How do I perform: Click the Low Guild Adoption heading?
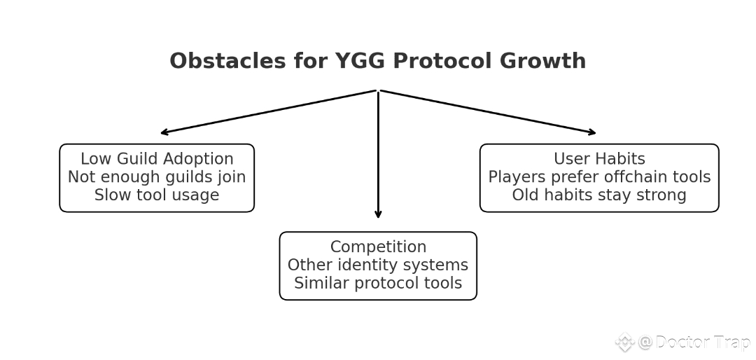[x=157, y=159]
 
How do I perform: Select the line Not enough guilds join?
[x=157, y=177]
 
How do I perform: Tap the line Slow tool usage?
[x=157, y=195]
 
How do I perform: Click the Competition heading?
[x=378, y=247]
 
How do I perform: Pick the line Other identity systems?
[x=378, y=265]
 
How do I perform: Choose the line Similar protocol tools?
[x=378, y=284]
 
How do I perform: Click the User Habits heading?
[x=599, y=159]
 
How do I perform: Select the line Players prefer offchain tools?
[x=599, y=177]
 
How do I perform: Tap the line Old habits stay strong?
[x=599, y=195]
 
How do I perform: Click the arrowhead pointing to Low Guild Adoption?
[x=164, y=132]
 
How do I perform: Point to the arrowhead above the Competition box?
[x=378, y=215]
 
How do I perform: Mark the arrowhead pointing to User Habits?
[x=592, y=132]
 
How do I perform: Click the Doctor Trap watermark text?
[x=702, y=342]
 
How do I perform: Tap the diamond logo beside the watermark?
[x=624, y=342]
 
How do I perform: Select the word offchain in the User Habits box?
[x=634, y=177]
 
